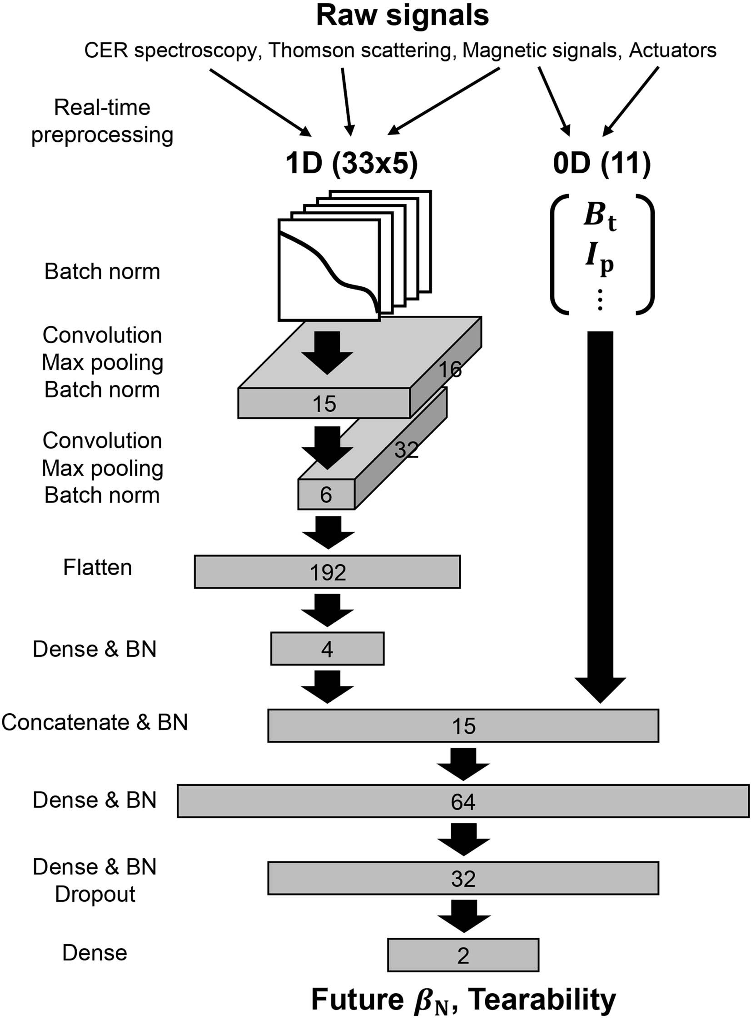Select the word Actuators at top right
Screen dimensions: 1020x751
pyautogui.click(x=672, y=50)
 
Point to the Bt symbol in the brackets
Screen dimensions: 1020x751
pyautogui.click(x=600, y=216)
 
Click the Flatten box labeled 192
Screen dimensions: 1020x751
pyautogui.click(x=327, y=572)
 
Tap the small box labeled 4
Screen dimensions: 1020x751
pyautogui.click(x=327, y=649)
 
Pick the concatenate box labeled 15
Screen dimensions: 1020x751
pyautogui.click(x=463, y=725)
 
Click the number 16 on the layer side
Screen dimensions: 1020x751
pyautogui.click(x=450, y=369)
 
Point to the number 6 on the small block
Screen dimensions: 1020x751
pyautogui.click(x=325, y=495)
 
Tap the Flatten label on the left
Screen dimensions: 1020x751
pyautogui.click(x=97, y=568)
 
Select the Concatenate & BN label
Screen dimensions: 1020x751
pyautogui.click(x=94, y=722)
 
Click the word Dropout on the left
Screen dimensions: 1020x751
pyautogui.click(x=95, y=894)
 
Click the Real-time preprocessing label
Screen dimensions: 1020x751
pyautogui.click(x=102, y=121)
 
